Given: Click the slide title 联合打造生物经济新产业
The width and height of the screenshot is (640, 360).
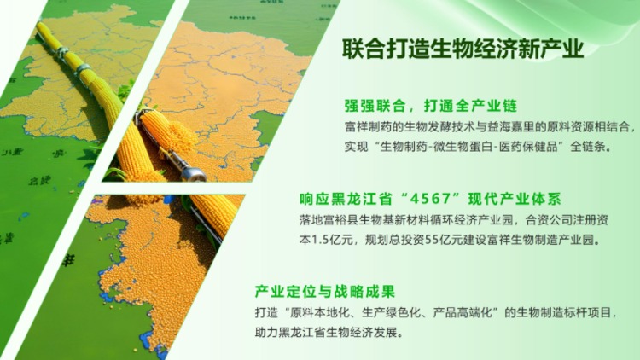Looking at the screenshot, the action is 463,49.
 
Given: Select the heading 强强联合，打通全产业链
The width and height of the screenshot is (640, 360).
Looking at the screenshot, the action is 431,106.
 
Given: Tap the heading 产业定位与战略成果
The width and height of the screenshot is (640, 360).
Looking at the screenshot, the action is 325,292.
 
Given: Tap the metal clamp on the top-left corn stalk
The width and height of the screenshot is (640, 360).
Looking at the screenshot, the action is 84,69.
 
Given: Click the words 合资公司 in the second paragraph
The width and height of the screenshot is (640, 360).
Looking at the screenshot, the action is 549,220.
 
